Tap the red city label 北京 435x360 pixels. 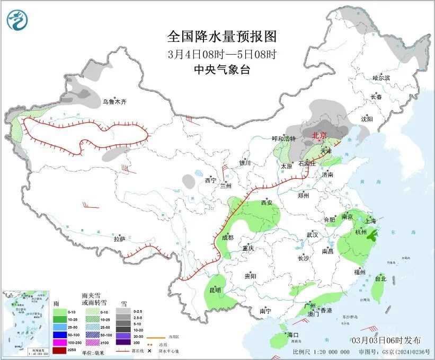click(319, 136)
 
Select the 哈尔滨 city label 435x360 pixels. click(380, 77)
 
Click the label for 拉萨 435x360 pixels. click(119, 239)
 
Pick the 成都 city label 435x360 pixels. click(227, 238)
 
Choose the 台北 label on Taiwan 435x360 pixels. click(380, 278)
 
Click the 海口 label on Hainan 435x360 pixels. click(293, 335)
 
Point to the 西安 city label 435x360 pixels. click(267, 203)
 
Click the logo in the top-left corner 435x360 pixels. click(16, 21)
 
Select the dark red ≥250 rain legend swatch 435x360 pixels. click(59, 350)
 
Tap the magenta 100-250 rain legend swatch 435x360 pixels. click(59, 343)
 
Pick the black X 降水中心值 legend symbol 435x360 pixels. click(150, 350)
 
